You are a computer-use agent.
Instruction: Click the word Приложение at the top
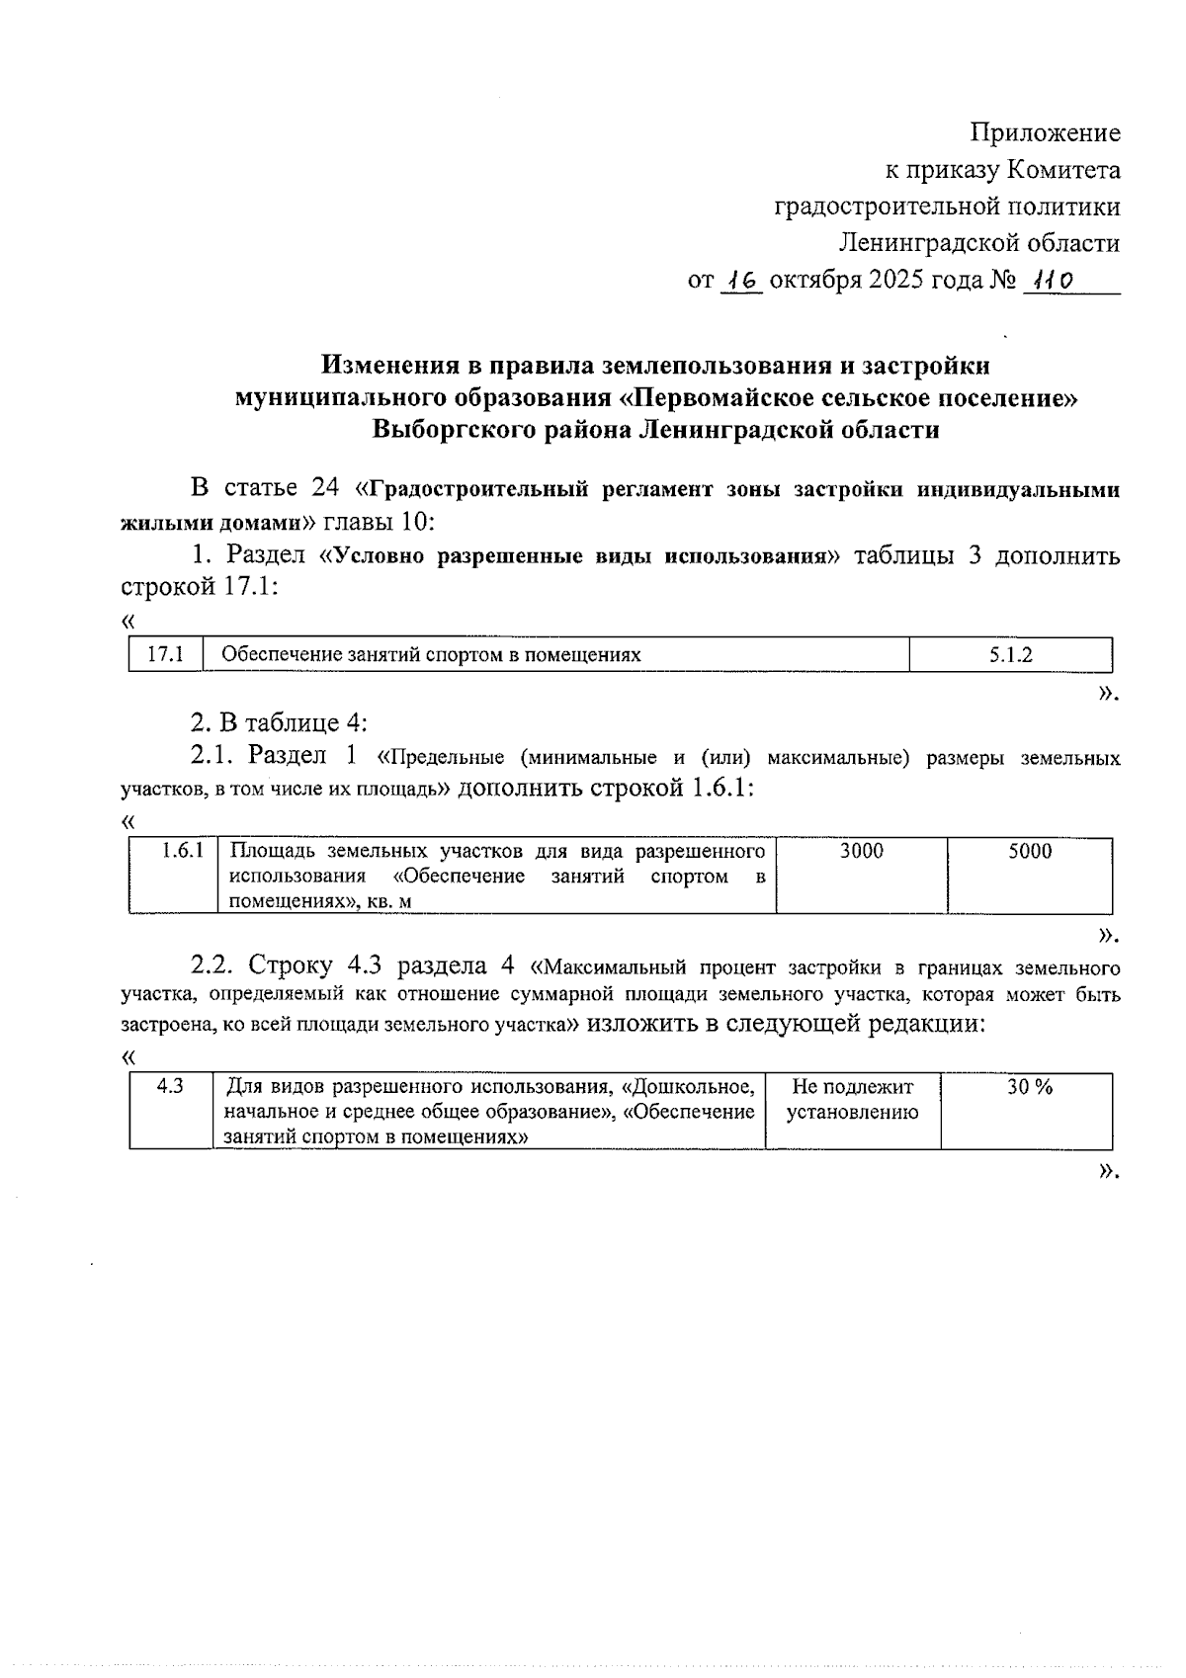pyautogui.click(x=1045, y=132)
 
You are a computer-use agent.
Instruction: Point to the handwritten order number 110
pyautogui.click(x=1050, y=282)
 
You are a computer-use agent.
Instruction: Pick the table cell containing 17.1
pyautogui.click(x=165, y=654)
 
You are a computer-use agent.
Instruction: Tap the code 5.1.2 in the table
pyautogui.click(x=1011, y=654)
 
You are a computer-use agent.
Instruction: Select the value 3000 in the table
pyautogui.click(x=861, y=851)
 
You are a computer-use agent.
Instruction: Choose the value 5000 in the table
pyautogui.click(x=1030, y=851)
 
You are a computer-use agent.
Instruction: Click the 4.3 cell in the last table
pyautogui.click(x=170, y=1086)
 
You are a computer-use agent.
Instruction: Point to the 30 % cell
pyautogui.click(x=1029, y=1087)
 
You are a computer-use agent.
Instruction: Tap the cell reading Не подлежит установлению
pyautogui.click(x=852, y=1099)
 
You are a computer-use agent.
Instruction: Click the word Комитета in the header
pyautogui.click(x=1063, y=171)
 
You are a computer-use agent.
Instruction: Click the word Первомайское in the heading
pyautogui.click(x=720, y=398)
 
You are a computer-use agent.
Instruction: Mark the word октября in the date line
pyautogui.click(x=816, y=281)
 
